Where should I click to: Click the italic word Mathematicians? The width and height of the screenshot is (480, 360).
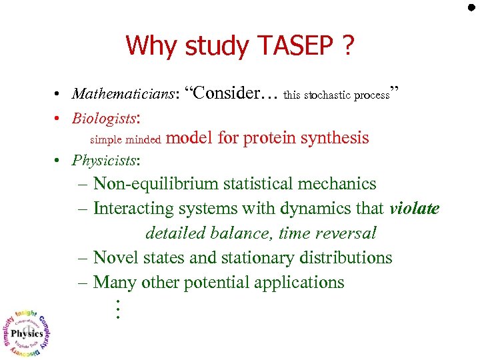click(x=123, y=94)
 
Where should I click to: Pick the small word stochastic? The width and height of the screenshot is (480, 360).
click(x=327, y=95)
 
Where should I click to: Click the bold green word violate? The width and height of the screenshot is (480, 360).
click(x=414, y=208)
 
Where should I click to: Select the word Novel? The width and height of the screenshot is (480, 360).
click(x=116, y=257)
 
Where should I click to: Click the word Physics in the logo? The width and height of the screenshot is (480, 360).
click(x=28, y=334)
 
